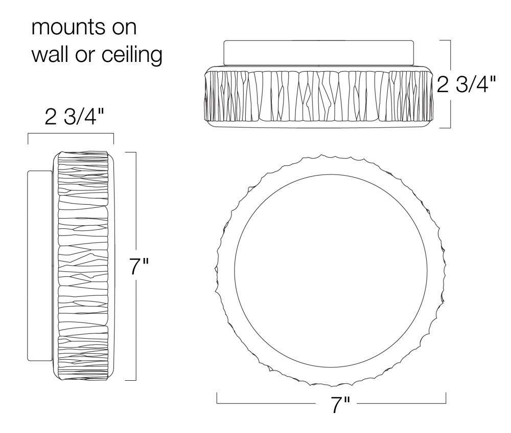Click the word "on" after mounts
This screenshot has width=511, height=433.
tap(124, 28)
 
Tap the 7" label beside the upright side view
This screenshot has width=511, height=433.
tap(138, 267)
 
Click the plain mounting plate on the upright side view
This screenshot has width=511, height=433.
tap(39, 266)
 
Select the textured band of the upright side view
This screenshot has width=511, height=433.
tap(84, 266)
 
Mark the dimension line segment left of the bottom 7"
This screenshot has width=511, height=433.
tap(266, 403)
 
